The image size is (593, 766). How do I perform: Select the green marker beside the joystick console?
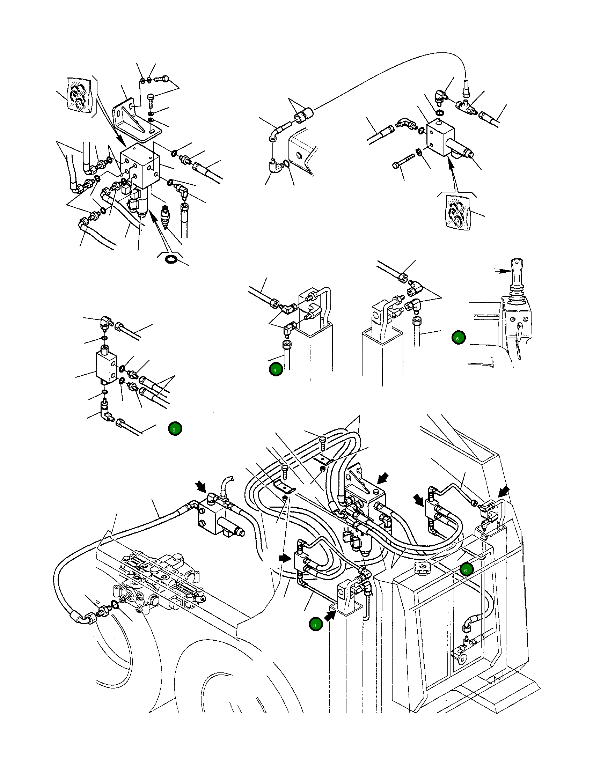(459, 338)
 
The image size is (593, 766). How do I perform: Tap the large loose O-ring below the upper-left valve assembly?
(171, 259)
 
